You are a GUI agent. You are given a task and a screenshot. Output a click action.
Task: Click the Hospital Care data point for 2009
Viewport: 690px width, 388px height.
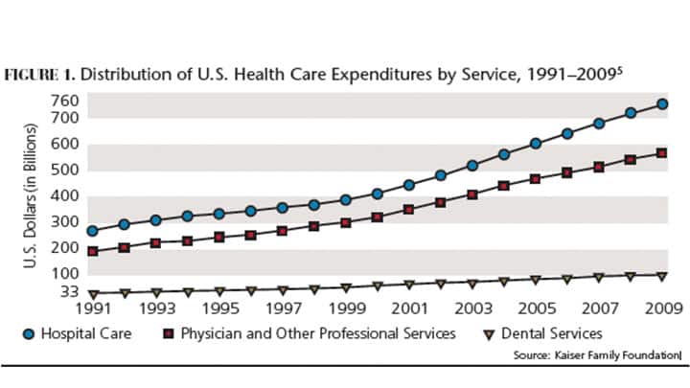[x=661, y=103]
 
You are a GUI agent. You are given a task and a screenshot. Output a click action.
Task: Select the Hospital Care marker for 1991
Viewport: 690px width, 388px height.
[x=93, y=231]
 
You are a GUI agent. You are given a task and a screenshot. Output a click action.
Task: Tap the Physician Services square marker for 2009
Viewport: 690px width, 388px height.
[x=661, y=153]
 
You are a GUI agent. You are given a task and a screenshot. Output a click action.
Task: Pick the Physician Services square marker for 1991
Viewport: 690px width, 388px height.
[x=93, y=251]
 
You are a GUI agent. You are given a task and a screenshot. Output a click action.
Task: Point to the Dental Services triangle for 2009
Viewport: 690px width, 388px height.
[x=661, y=276]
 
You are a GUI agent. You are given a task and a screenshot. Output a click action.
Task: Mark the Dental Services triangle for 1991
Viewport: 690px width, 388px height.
[x=93, y=293]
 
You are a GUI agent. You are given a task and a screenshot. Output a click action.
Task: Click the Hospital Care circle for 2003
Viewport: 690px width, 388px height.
[x=472, y=166]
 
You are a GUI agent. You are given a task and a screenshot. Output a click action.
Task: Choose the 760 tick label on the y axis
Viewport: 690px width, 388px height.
[x=63, y=102]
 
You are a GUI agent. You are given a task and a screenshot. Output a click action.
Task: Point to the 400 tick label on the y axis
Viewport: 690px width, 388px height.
[x=63, y=196]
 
